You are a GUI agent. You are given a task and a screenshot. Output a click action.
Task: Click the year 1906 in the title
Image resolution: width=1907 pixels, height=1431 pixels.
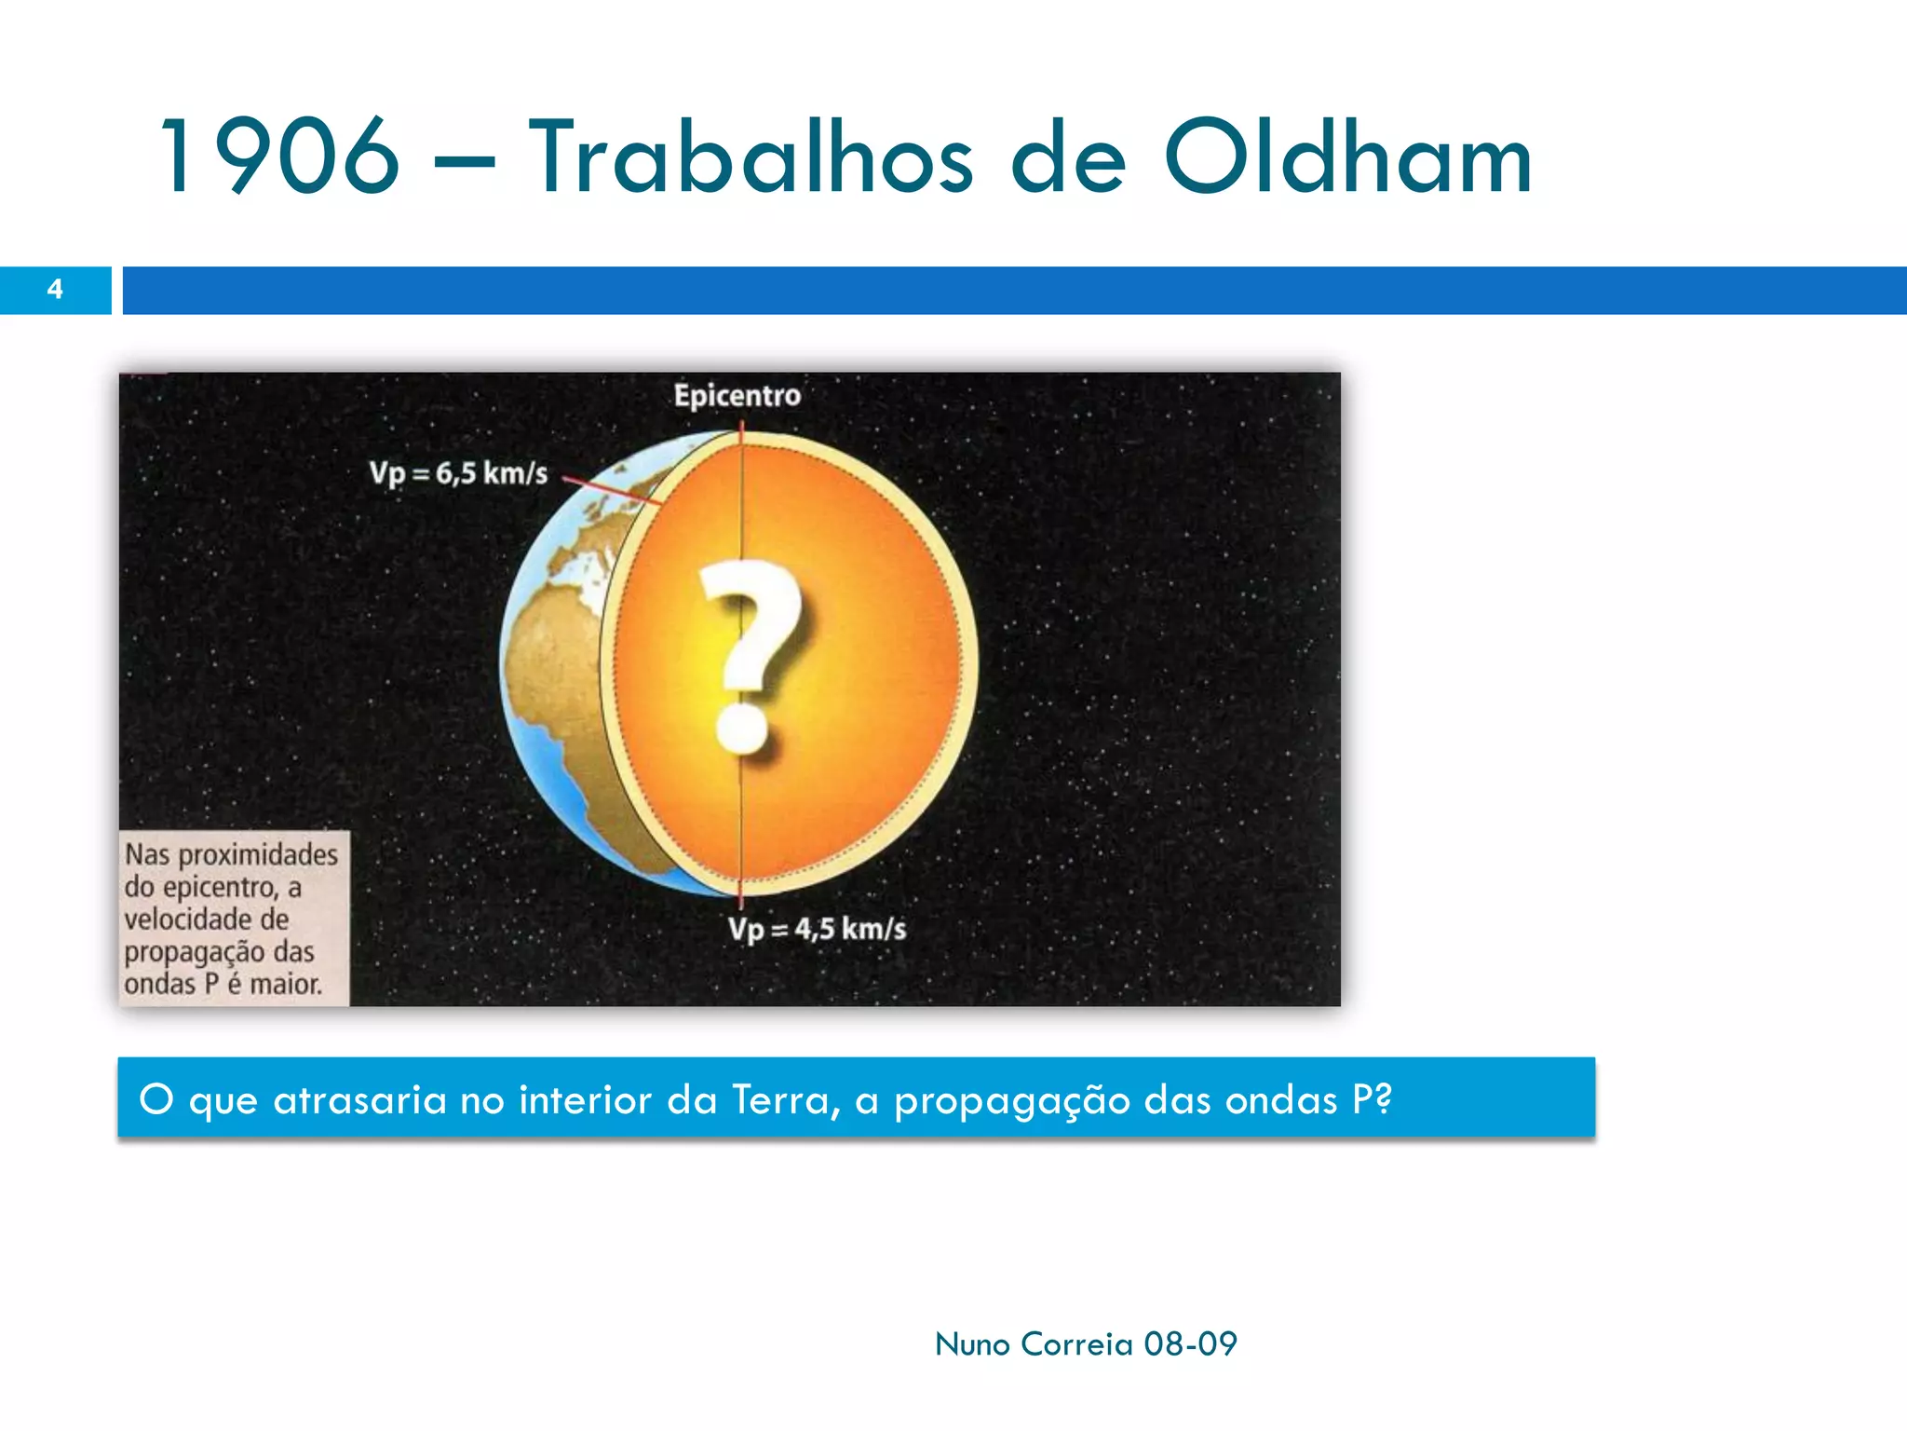click(x=279, y=156)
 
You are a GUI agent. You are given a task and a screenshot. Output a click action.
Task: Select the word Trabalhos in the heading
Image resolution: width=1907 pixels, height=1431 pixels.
click(x=751, y=156)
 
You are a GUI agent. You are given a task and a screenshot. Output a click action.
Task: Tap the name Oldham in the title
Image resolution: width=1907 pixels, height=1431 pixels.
click(x=1347, y=156)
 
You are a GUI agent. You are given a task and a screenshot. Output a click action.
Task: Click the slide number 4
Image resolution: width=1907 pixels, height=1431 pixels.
click(x=55, y=290)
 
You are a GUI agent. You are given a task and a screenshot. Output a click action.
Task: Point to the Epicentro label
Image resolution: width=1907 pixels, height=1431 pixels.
click(x=737, y=396)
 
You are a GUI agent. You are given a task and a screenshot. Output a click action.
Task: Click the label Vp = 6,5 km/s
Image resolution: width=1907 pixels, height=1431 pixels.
click(x=458, y=473)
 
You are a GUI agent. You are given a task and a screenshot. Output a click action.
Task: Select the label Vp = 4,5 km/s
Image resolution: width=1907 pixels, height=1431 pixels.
click(x=817, y=929)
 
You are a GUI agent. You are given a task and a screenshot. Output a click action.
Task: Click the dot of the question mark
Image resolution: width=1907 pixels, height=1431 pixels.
click(x=742, y=728)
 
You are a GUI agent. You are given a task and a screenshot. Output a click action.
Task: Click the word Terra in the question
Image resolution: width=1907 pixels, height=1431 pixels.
click(x=784, y=1100)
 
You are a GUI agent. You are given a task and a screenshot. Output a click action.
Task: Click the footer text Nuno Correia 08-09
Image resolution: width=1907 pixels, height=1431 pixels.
click(x=1086, y=1344)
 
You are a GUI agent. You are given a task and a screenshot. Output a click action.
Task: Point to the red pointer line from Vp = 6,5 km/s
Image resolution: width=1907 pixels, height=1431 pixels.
click(x=611, y=492)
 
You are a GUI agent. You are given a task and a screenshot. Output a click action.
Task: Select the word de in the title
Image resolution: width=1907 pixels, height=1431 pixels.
click(x=1068, y=156)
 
